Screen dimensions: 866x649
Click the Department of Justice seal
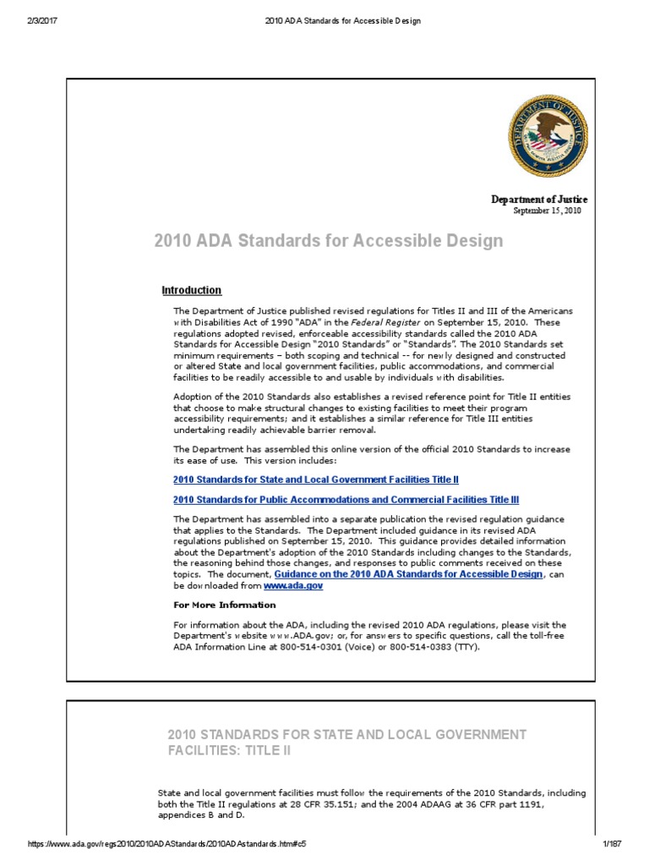tap(547, 135)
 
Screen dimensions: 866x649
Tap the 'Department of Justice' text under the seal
tap(539, 199)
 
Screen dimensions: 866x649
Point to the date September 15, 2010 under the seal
tap(548, 211)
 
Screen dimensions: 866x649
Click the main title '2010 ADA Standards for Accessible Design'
tap(328, 241)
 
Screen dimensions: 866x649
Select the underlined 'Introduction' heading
tap(192, 290)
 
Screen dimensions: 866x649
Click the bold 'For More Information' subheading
tap(225, 605)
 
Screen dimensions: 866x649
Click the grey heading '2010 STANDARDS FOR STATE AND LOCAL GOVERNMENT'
tap(346, 733)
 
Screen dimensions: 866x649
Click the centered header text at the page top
tap(325, 20)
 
